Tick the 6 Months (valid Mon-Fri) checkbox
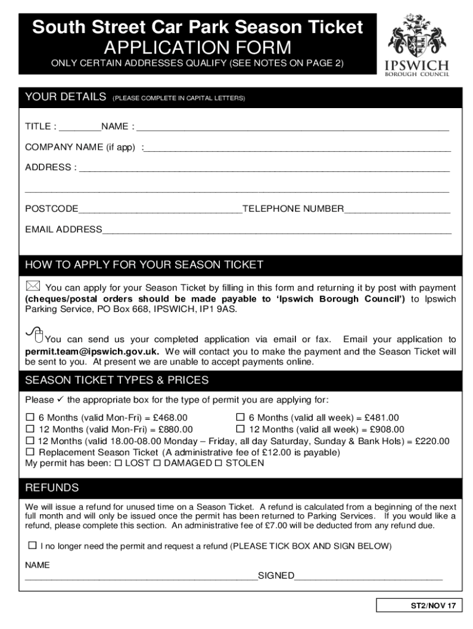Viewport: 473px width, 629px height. click(29, 418)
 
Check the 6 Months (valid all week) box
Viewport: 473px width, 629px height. click(241, 418)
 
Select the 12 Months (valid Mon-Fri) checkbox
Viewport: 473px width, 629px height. click(29, 429)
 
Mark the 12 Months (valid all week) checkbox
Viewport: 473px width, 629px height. click(241, 429)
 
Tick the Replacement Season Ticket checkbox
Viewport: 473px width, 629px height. click(29, 452)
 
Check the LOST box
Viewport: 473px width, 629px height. click(119, 463)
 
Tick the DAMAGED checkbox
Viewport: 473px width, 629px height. click(158, 463)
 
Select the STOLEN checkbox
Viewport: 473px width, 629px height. click(218, 463)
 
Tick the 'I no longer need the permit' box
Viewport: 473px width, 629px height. click(32, 545)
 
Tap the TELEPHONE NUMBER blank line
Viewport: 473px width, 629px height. click(397, 211)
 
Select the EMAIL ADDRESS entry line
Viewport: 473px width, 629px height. click(276, 232)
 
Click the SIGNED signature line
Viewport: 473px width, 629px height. click(369, 578)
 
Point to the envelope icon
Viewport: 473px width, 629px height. click(33, 286)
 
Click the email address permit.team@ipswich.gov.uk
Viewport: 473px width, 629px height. click(92, 351)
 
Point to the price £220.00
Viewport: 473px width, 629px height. click(432, 441)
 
